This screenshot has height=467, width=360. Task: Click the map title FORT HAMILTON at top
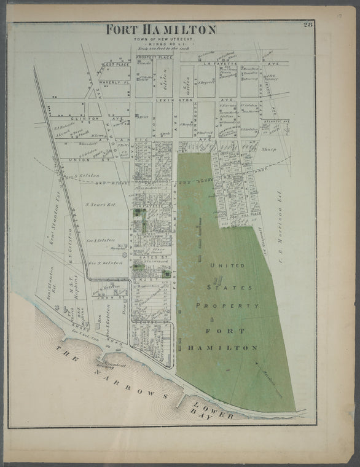(x=160, y=29)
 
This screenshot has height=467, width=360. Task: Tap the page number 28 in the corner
(x=307, y=25)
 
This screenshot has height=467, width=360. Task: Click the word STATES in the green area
(x=222, y=286)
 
